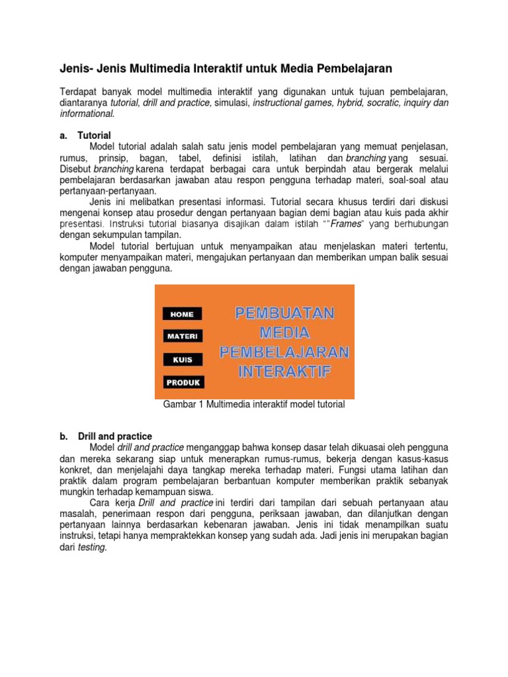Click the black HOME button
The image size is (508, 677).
(x=183, y=314)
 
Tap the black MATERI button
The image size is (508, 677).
(x=183, y=337)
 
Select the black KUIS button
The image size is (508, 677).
(x=183, y=360)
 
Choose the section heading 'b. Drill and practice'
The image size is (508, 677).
(x=106, y=436)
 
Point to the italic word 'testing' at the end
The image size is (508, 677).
(x=92, y=548)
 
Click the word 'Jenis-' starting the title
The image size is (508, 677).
(x=74, y=68)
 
